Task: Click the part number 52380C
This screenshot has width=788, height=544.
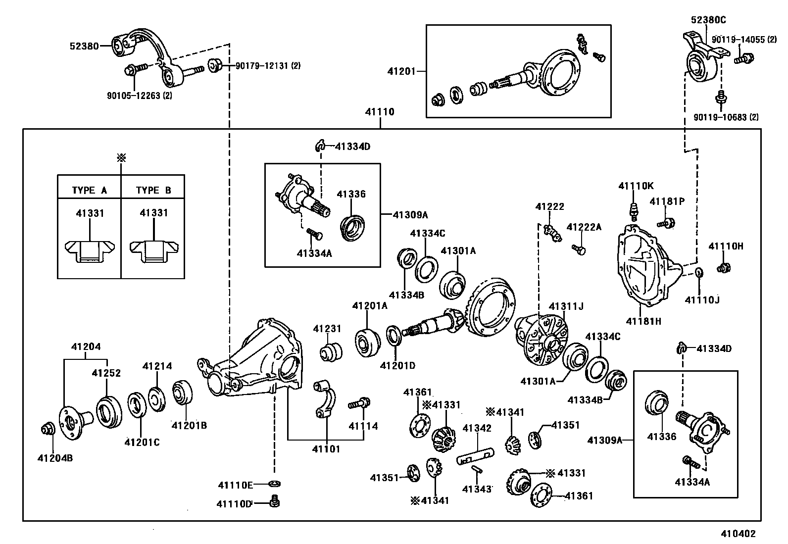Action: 708,20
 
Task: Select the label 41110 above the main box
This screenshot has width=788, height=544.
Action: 380,112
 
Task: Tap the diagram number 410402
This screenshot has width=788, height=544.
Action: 738,534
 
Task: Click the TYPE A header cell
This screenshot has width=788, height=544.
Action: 89,190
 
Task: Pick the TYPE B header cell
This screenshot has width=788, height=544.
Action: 153,190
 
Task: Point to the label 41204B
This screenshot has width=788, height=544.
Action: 55,458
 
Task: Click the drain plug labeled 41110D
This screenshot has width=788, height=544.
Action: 274,502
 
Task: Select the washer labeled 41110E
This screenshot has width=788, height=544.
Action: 274,483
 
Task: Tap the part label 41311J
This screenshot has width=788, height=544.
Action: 566,306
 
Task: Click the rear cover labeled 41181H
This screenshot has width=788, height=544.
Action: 643,267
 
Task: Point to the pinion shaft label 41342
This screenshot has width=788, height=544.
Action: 477,428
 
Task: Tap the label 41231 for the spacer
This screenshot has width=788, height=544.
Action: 327,329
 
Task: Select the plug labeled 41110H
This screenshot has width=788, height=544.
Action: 724,268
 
